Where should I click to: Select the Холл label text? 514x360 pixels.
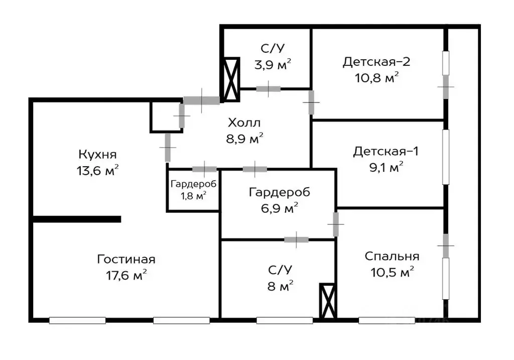point(244,123)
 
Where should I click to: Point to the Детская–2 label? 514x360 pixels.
point(376,62)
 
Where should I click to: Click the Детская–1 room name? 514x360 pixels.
point(385,151)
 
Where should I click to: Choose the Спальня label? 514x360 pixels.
point(392,256)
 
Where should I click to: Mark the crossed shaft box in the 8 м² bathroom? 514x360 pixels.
point(328,301)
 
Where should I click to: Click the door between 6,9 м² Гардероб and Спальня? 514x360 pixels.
point(336,224)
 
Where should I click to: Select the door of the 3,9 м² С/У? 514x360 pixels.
point(268,89)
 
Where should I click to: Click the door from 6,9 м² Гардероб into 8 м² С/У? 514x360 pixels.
point(296,239)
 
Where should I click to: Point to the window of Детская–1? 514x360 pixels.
point(445,157)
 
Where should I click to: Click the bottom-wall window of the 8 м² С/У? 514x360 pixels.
point(284,319)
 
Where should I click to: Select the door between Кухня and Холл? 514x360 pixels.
point(167,147)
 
